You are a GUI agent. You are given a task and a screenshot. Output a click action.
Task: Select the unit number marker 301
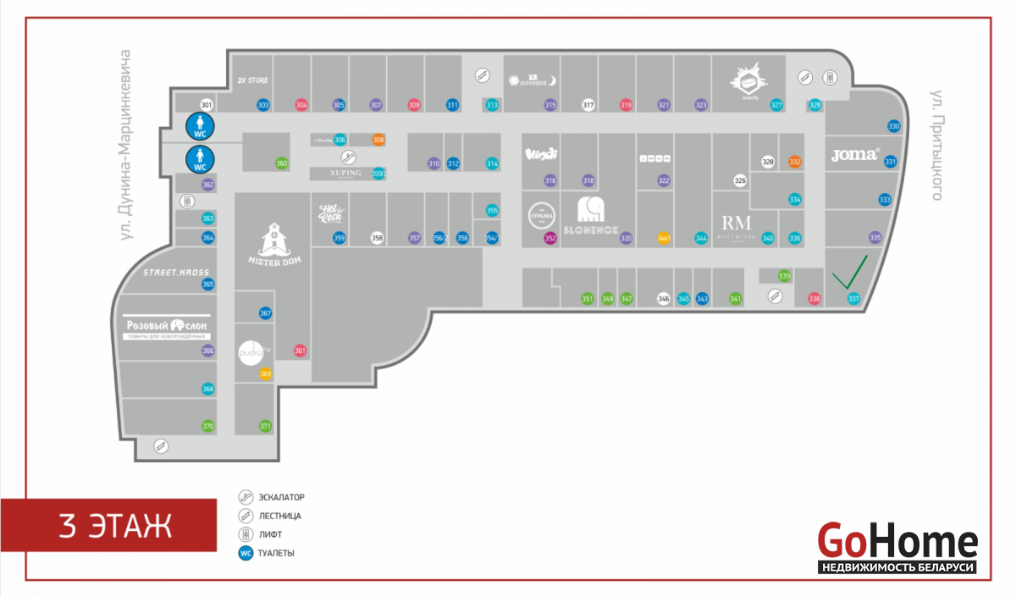[x=206, y=105]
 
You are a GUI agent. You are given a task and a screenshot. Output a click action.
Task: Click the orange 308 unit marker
[x=378, y=140]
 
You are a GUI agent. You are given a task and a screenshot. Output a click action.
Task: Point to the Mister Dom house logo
[x=273, y=246]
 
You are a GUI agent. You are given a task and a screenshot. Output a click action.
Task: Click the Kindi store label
[x=539, y=154]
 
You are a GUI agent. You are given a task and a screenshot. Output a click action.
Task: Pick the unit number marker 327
[x=776, y=105]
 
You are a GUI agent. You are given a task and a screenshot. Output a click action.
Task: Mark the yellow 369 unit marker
[x=266, y=374]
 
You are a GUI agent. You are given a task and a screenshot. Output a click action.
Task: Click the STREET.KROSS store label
[x=175, y=272]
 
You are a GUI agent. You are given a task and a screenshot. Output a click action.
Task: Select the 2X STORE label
[x=252, y=80]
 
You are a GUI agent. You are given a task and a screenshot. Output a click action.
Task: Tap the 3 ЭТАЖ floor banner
[x=116, y=526]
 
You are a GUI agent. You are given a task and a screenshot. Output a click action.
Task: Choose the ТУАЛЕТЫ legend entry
[x=277, y=553]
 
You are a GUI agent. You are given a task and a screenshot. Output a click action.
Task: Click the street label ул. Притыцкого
[x=936, y=144]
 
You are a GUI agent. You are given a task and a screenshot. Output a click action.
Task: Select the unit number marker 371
[x=265, y=426]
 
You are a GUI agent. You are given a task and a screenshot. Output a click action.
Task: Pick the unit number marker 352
[x=550, y=239]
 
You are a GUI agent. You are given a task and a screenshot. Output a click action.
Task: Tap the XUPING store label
[x=341, y=173]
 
